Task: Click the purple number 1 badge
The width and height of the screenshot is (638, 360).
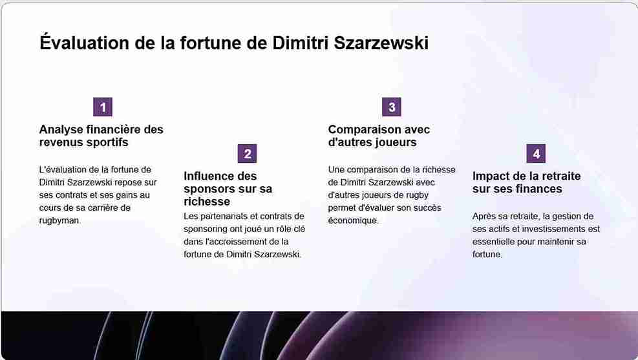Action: tap(103, 107)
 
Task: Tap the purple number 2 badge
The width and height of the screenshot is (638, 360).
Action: tap(247, 154)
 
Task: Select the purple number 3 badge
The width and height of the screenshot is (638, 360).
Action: tap(391, 107)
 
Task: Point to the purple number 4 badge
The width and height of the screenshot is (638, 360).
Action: tap(536, 154)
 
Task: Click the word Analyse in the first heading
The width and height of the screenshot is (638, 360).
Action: tap(62, 129)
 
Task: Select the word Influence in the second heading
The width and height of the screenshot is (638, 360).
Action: tap(210, 176)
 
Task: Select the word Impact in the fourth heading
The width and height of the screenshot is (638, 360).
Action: tap(491, 176)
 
